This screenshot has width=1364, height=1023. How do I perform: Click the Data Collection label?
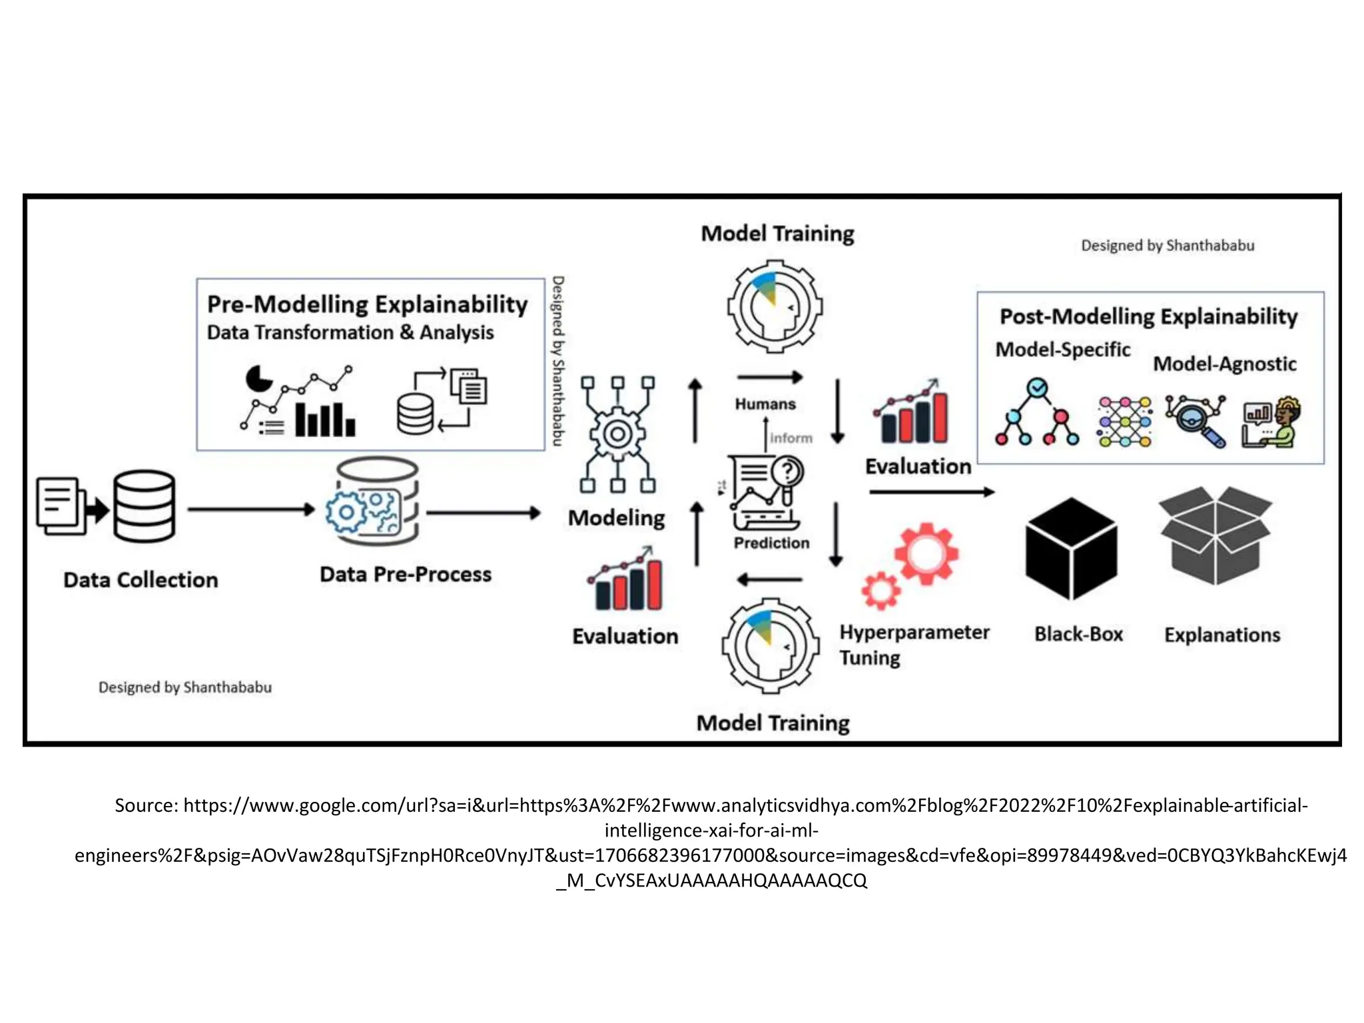[141, 580]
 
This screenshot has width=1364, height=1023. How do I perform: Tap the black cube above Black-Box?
[1071, 549]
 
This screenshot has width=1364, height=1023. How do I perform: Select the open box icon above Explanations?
[1215, 536]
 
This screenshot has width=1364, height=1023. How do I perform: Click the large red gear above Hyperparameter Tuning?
[926, 553]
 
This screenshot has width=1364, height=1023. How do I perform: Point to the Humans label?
[765, 404]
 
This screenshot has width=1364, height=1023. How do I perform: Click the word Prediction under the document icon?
[771, 543]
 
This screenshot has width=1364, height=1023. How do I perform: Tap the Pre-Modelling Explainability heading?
[367, 304]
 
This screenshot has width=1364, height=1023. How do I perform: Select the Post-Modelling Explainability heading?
[1148, 316]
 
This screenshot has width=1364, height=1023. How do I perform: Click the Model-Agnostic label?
[1224, 364]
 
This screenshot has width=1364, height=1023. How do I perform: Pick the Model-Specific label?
[1062, 350]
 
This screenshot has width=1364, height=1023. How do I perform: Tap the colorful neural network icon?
[1124, 422]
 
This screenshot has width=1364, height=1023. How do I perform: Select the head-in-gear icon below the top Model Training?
[775, 307]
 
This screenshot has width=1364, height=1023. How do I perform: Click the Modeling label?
[616, 518]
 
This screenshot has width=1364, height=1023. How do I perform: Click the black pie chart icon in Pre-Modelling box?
[258, 379]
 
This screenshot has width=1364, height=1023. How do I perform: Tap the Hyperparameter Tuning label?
[913, 644]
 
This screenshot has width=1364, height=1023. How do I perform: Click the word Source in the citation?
[145, 805]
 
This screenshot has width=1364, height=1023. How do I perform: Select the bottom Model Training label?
[773, 723]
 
